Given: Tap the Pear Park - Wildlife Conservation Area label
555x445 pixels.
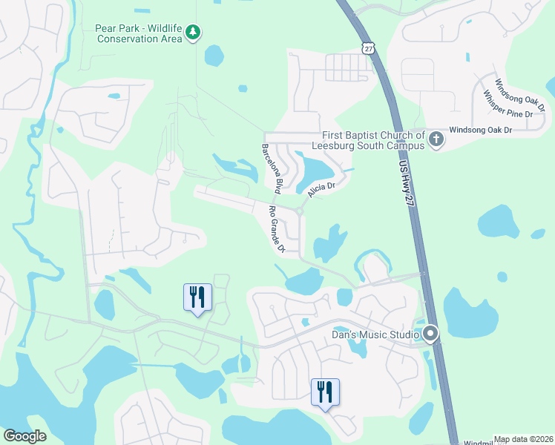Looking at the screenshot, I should point(139,33).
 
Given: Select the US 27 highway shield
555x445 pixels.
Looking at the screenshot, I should point(369,47).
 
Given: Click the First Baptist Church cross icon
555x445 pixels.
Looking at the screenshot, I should point(436,139).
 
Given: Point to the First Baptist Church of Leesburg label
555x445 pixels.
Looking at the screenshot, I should point(373,139).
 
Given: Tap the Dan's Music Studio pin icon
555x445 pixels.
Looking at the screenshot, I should point(430,334).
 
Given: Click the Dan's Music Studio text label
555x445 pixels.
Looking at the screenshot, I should point(376,335).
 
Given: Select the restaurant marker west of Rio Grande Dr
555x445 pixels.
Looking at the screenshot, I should point(197,297).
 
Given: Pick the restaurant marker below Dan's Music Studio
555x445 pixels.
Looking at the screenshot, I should point(325,392).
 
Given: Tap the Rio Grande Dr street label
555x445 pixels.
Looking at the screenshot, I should point(277,229).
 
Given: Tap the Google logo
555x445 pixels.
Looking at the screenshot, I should point(25,436).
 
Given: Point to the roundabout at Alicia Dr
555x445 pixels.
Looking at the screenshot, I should point(299,212).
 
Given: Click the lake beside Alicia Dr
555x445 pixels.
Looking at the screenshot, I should point(315,170).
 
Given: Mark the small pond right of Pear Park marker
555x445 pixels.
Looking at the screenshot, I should point(214,55).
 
